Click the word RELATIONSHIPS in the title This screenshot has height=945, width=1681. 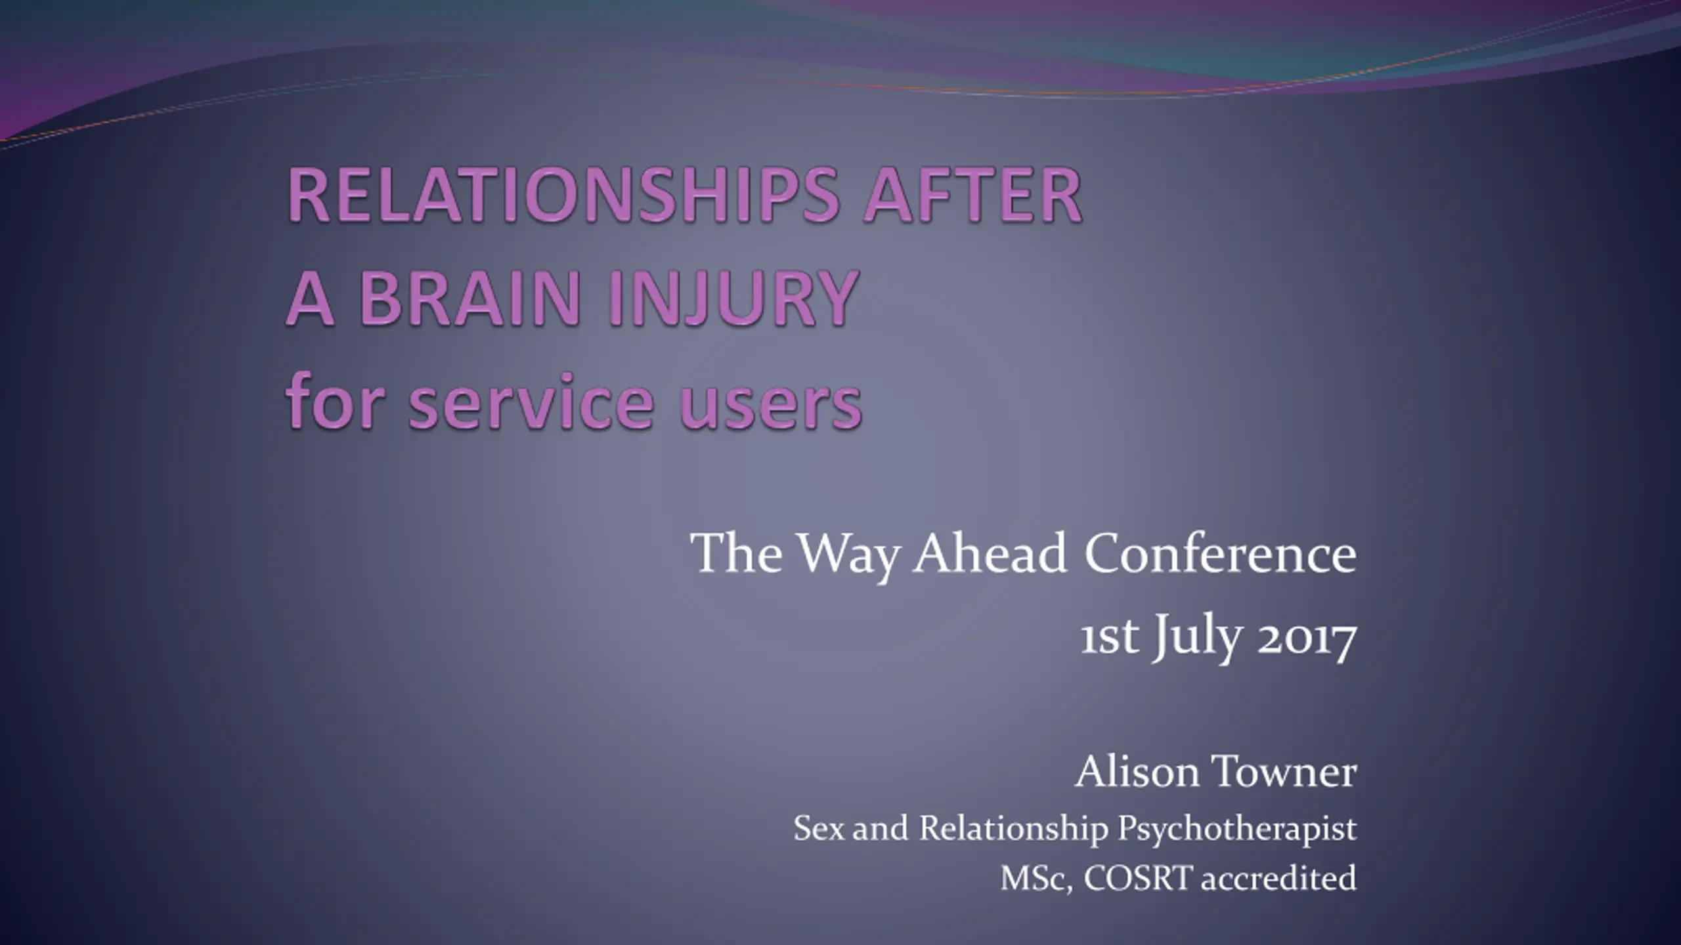pos(563,196)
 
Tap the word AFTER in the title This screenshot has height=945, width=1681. pos(972,196)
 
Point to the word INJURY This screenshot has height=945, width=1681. pos(732,298)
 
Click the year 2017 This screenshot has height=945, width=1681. pos(1307,637)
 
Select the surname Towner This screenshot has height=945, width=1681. pos(1286,772)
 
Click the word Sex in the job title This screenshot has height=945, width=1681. pos(820,828)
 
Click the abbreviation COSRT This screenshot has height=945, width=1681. pos(1137,879)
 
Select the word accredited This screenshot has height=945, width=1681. pos(1278,879)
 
